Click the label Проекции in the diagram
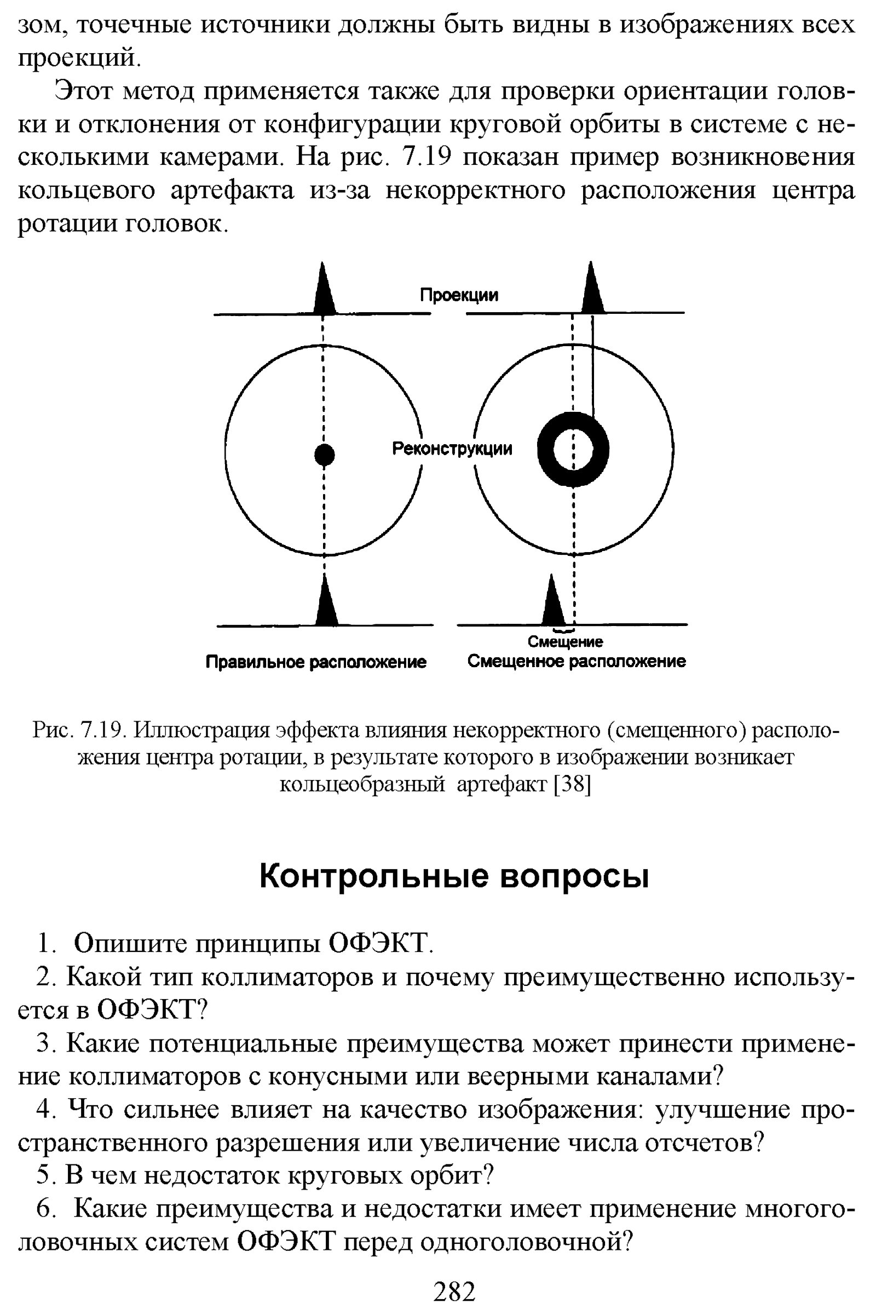(x=459, y=296)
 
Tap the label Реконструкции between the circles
(x=452, y=449)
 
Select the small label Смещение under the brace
(x=566, y=642)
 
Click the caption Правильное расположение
(x=316, y=663)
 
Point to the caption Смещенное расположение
(x=577, y=662)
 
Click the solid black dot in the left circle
(x=324, y=455)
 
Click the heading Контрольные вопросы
(x=455, y=877)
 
